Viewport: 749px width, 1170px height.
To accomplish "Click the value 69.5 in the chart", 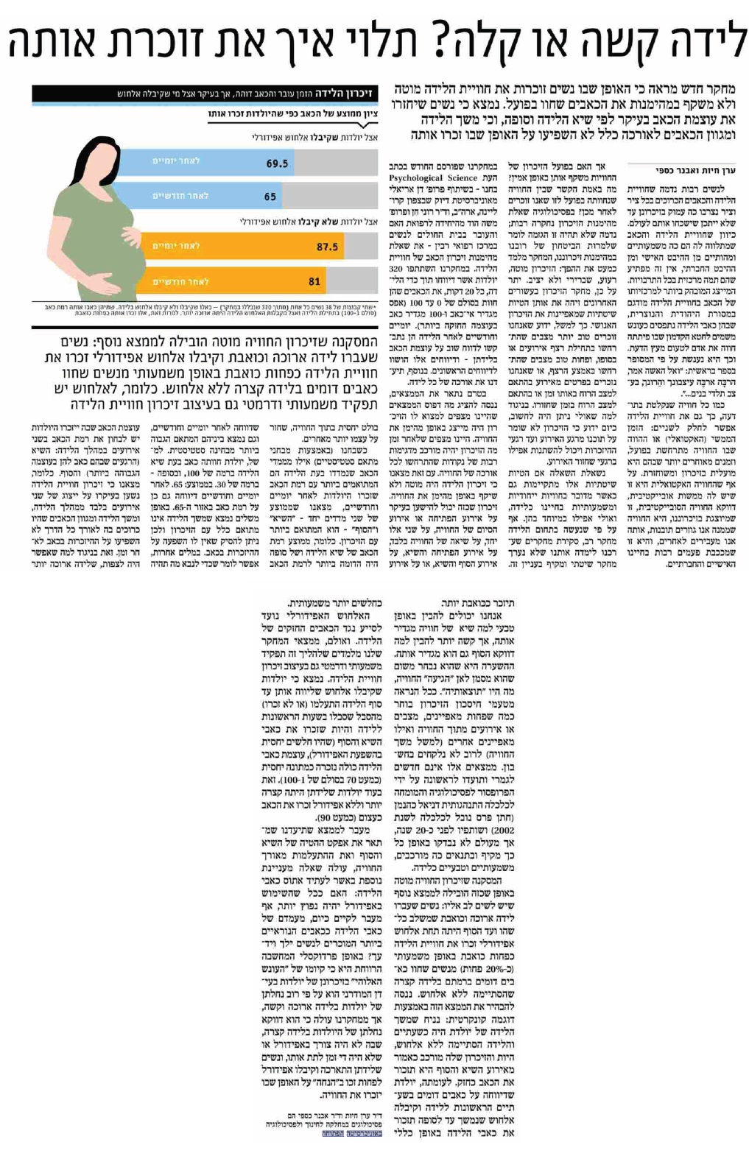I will click(277, 163).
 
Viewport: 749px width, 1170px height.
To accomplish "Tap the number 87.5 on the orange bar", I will click(327, 247).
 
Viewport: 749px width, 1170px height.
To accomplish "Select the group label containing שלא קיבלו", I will click(309, 221).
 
